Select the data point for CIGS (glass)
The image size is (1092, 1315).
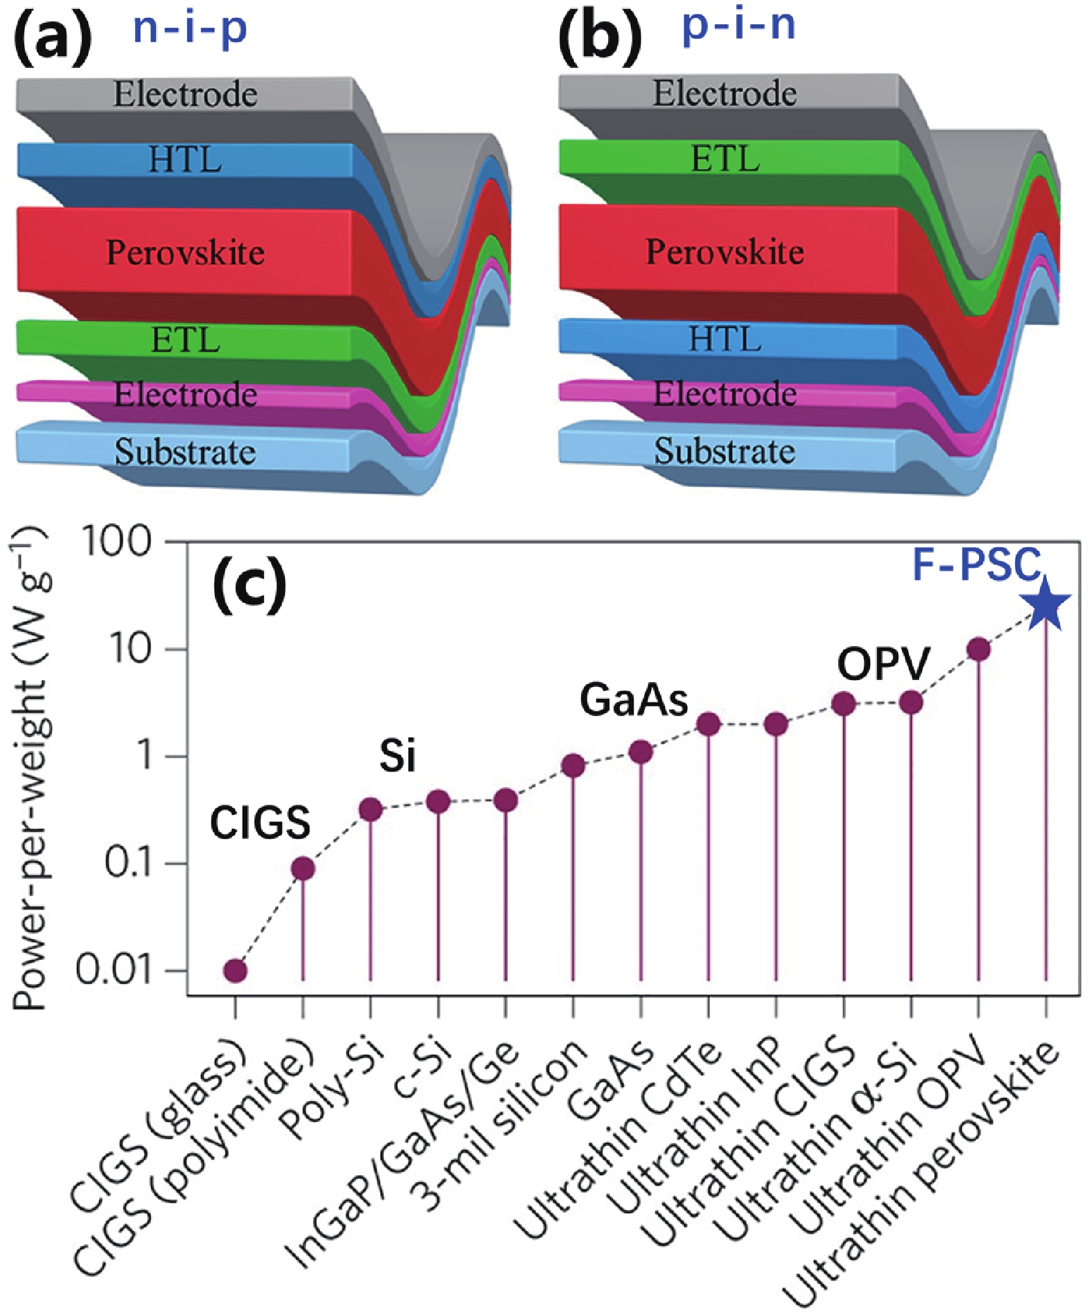(236, 970)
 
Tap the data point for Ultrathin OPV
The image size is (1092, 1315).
(978, 650)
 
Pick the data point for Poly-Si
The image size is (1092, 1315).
(371, 809)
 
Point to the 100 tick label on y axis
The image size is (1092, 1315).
(117, 542)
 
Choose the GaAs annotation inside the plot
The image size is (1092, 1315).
(634, 700)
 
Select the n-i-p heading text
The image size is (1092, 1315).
(190, 29)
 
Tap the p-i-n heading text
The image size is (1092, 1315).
(739, 26)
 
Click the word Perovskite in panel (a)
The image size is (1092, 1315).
(185, 252)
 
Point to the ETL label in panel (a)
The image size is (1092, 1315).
(185, 340)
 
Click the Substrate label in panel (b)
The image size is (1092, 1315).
(725, 451)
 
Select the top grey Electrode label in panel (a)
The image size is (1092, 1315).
(185, 94)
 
